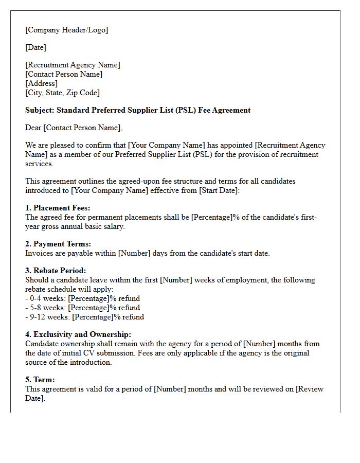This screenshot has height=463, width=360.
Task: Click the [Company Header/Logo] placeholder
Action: click(x=67, y=30)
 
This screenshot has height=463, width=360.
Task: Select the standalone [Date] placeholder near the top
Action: click(x=35, y=47)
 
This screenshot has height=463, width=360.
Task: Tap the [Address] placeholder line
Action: click(x=42, y=83)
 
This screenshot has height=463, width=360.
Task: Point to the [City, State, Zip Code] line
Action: click(x=62, y=93)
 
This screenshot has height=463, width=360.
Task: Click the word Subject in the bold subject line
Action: click(x=39, y=110)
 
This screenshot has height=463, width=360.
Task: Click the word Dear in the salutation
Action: click(x=33, y=128)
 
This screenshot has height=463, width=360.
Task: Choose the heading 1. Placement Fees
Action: click(x=58, y=208)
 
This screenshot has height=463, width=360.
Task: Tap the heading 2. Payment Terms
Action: click(x=58, y=244)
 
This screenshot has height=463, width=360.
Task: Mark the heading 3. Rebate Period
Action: click(x=56, y=271)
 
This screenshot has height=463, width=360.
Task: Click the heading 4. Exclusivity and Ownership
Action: click(x=78, y=334)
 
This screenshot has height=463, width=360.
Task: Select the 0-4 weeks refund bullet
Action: click(x=82, y=298)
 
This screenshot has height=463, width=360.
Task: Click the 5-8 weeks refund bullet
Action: click(x=82, y=308)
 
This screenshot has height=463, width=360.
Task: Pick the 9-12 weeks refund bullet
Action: click(x=84, y=317)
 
